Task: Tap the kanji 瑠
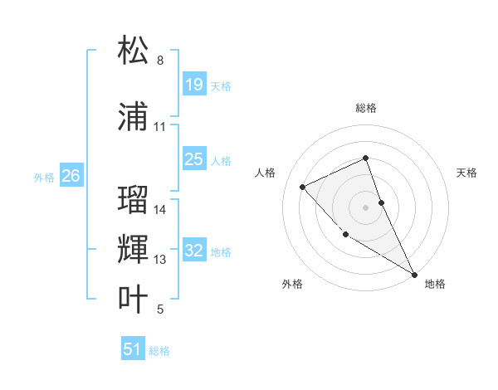click(x=134, y=199)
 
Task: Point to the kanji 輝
click(x=134, y=249)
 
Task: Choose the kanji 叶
click(x=134, y=299)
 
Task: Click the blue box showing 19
click(x=193, y=84)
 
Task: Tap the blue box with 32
click(x=193, y=251)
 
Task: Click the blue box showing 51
click(x=133, y=349)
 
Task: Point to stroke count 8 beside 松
click(x=160, y=61)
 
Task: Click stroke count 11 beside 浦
click(x=160, y=127)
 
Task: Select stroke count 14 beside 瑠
click(x=160, y=210)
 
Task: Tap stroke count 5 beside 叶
click(x=160, y=310)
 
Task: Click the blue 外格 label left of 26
click(x=44, y=177)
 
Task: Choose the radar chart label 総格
click(x=365, y=108)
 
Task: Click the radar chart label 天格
click(x=466, y=173)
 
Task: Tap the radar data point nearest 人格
click(x=303, y=187)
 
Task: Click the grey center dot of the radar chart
click(x=365, y=207)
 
